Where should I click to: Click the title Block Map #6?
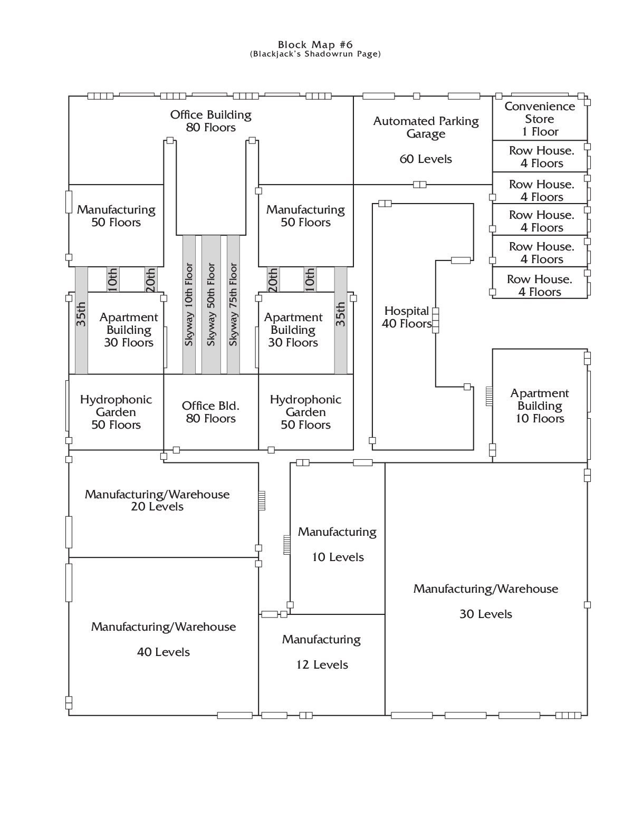(x=315, y=45)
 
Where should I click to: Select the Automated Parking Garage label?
(x=426, y=127)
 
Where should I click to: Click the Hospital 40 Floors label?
(x=407, y=317)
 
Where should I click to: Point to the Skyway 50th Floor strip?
(x=211, y=304)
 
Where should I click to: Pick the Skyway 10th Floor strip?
(x=189, y=304)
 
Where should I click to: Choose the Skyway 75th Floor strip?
(x=233, y=304)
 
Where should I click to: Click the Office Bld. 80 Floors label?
(x=210, y=412)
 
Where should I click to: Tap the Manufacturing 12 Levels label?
(x=321, y=652)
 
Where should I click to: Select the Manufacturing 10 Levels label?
(x=338, y=544)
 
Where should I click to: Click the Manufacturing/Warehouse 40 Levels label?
(x=164, y=639)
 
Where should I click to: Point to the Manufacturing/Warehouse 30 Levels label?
(x=486, y=601)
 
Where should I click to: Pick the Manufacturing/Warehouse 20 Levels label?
(x=157, y=500)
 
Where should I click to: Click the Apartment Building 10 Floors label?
(x=540, y=406)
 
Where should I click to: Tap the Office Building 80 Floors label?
(x=210, y=121)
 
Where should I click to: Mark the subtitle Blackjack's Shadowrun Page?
(x=315, y=54)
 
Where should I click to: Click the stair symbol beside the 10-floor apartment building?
(x=489, y=396)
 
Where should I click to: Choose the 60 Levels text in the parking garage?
(x=426, y=159)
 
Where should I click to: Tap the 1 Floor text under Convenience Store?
(x=540, y=131)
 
